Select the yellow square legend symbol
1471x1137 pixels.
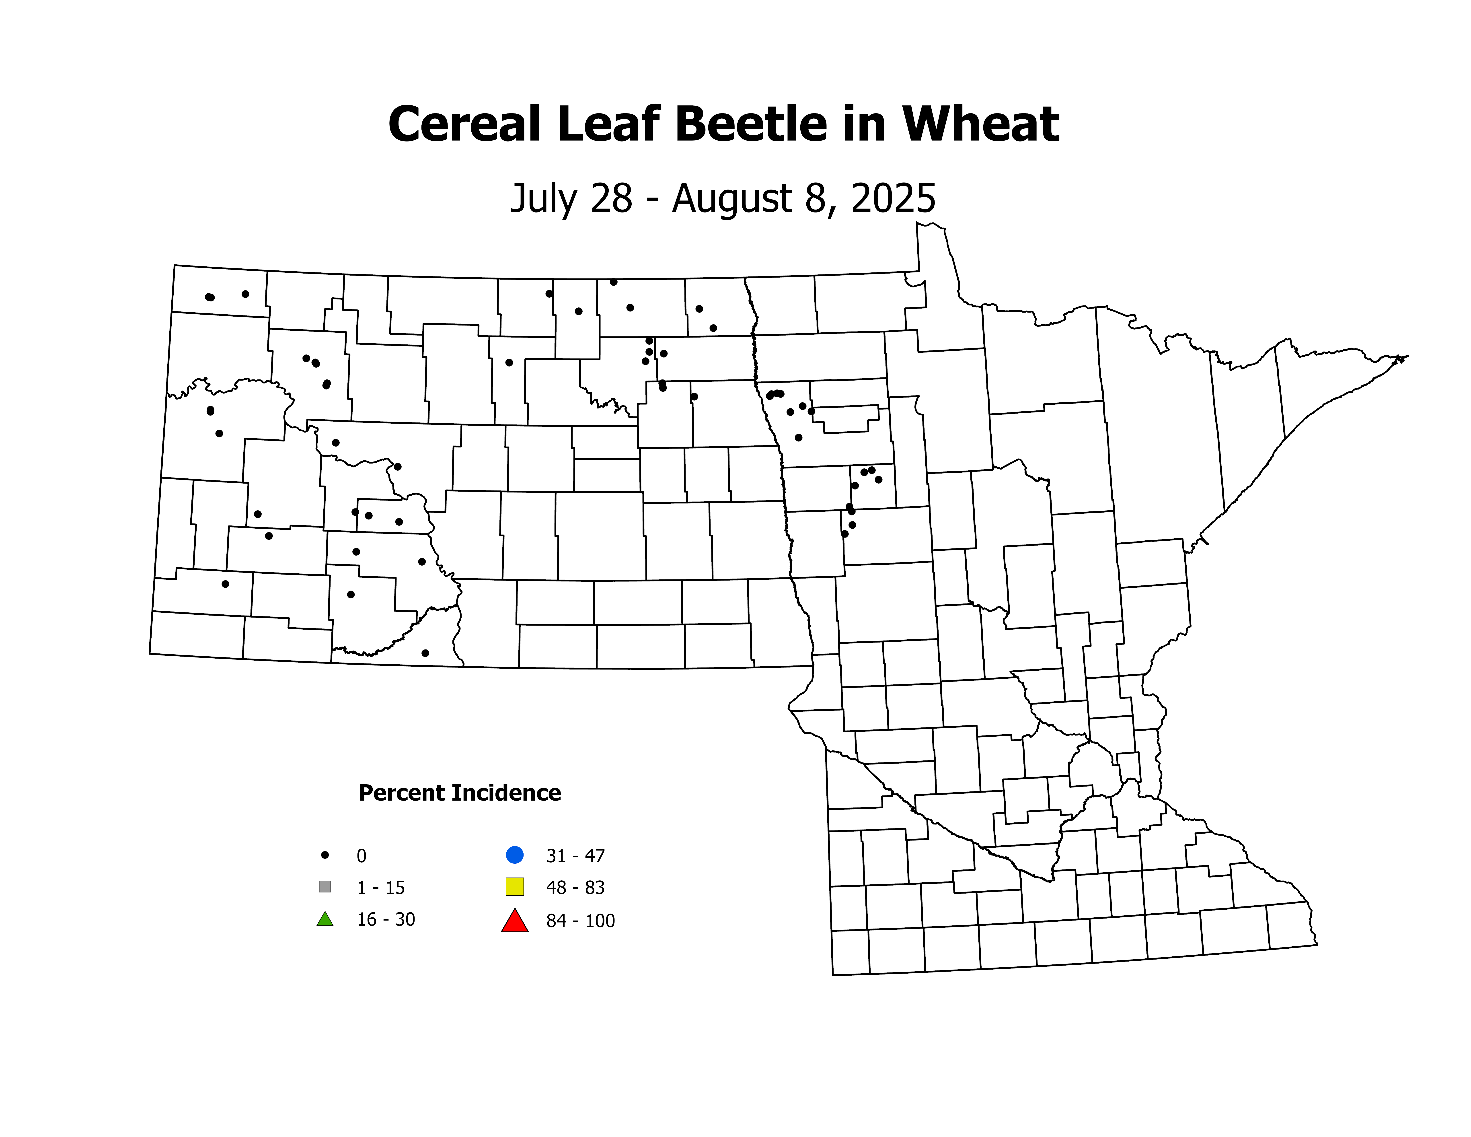click(x=515, y=886)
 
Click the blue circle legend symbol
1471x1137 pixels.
click(x=515, y=855)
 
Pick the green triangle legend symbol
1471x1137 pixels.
click(x=325, y=919)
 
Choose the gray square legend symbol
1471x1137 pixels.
click(x=325, y=886)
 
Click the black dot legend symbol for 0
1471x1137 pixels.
click(x=325, y=855)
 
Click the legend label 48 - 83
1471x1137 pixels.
click(x=575, y=888)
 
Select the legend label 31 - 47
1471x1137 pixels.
click(x=575, y=856)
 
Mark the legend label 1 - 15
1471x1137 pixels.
click(x=380, y=888)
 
